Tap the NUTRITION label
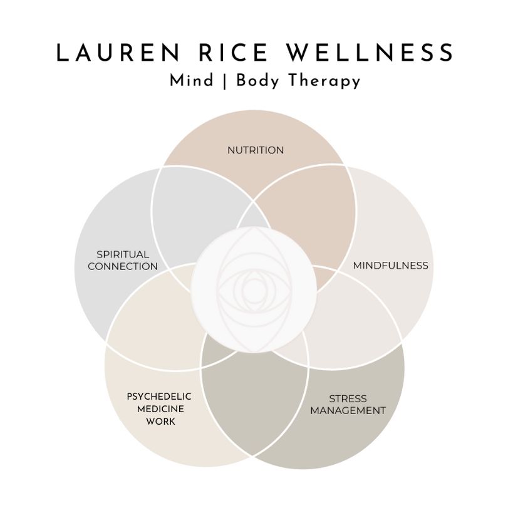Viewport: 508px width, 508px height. [255, 150]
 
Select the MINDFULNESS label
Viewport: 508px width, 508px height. [391, 265]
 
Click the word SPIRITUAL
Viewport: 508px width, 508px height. [123, 254]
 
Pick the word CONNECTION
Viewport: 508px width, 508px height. [123, 266]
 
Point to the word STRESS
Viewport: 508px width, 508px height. [348, 398]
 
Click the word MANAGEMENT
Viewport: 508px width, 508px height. [348, 411]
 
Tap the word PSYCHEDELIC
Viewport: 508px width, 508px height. [159, 397]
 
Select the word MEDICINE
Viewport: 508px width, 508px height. [159, 409]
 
